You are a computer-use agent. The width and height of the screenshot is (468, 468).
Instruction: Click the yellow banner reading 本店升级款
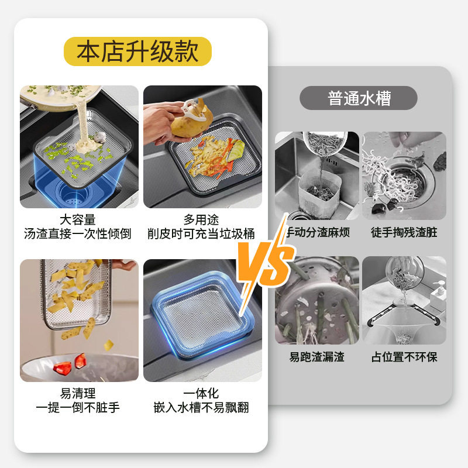coord(137,51)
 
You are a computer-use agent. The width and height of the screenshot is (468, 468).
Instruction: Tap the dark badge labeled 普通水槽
coord(359,98)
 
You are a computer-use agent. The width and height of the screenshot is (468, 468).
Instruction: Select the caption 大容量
coord(78,219)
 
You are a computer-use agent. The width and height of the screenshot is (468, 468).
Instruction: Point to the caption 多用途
coord(202,219)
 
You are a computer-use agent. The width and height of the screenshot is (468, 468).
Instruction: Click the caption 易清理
coord(78,393)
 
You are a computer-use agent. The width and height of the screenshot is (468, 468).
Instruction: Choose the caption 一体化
coord(202,393)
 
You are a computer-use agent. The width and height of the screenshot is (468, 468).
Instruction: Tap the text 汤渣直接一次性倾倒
coord(78,233)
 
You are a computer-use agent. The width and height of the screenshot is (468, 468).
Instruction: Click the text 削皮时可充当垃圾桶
coord(202,233)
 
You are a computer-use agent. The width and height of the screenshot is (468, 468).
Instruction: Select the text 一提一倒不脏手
coord(78,407)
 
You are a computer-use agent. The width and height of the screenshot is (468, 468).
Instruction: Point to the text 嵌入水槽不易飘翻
coord(202,407)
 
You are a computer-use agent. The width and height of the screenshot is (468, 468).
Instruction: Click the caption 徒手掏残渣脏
coord(404,232)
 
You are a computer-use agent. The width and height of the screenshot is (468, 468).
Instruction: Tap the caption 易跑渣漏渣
coord(317,356)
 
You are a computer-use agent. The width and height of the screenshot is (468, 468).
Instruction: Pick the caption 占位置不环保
coord(404,356)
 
